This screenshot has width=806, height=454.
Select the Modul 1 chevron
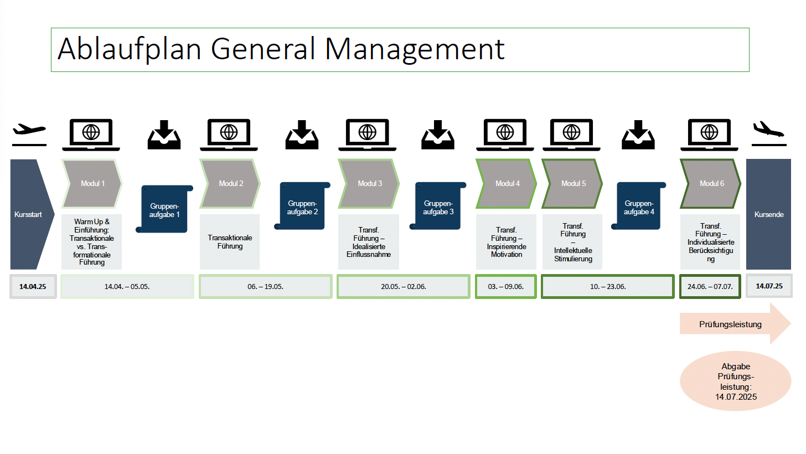[92, 184]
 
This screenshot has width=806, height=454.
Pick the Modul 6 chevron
[711, 184]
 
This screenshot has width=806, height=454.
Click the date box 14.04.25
[33, 287]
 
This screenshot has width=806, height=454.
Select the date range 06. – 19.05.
[265, 287]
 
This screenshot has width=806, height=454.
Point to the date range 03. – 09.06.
[505, 287]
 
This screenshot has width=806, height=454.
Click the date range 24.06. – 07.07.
[710, 287]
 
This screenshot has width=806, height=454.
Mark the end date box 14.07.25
[769, 287]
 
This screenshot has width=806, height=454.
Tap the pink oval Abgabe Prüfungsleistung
[735, 381]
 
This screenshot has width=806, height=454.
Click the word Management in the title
[415, 49]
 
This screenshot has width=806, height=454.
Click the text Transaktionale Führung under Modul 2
[230, 242]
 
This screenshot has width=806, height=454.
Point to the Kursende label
[769, 214]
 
